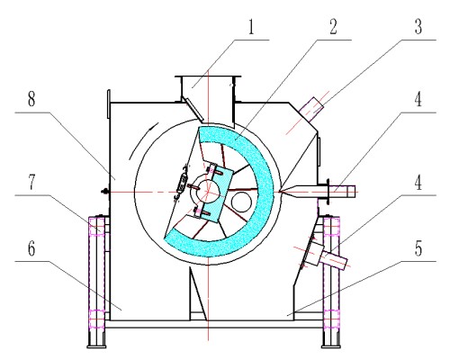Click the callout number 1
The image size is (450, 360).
[x=251, y=27]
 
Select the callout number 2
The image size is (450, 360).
[x=333, y=27]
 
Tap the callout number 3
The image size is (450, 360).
[x=418, y=27]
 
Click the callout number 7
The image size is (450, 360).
[x=31, y=183]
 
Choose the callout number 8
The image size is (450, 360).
[x=31, y=99]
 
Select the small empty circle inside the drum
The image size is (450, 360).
[x=241, y=202]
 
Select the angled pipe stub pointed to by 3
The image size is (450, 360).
[x=311, y=109]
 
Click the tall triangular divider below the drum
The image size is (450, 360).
[x=197, y=294]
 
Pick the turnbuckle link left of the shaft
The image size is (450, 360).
[x=182, y=182]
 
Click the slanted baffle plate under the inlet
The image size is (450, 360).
[x=193, y=109]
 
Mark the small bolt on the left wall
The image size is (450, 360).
[x=105, y=191]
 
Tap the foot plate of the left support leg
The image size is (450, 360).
[x=96, y=346]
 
